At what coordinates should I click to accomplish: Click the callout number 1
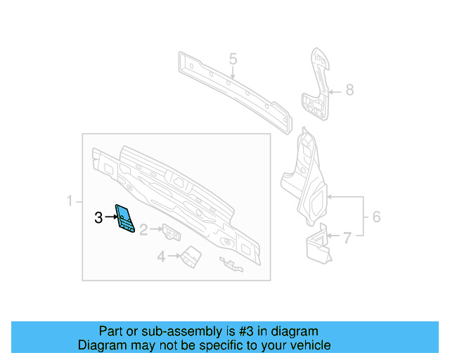pos(70,202)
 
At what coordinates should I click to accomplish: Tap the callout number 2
pos(143,229)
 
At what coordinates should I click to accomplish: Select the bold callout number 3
pos(98,218)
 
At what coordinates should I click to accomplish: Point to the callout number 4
pos(161,257)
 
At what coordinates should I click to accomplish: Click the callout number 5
pos(233,59)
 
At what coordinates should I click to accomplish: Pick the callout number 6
pos(376,217)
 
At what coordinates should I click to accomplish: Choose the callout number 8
pos(349,90)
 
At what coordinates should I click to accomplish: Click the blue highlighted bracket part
pos(125,218)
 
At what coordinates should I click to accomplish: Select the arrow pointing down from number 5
pos(233,73)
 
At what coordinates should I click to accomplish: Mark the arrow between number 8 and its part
pos(334,90)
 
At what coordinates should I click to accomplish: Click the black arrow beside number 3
pos(110,218)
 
